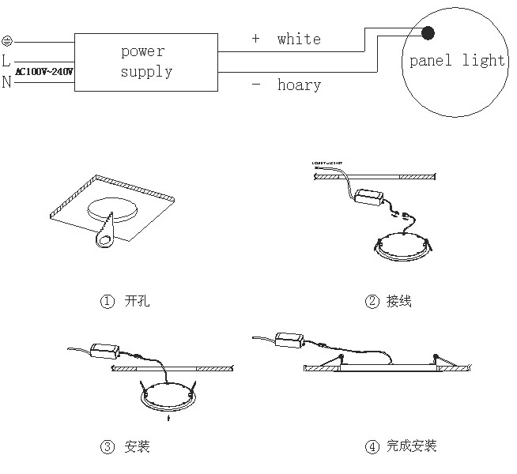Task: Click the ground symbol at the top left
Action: coord(7,39)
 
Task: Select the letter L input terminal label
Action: coord(7,60)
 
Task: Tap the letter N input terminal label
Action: coord(7,81)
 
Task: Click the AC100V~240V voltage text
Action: coord(45,71)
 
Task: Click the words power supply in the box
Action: coord(145,62)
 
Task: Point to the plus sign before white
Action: coord(255,38)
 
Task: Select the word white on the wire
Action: coord(299,39)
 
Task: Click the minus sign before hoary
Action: coord(255,84)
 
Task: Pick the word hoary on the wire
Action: coord(299,85)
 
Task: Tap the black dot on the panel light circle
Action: coord(428,32)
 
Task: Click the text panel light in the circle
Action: coord(456,61)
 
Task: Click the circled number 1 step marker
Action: coord(107,301)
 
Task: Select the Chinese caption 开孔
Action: coord(137,301)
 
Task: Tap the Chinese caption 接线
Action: coord(399,301)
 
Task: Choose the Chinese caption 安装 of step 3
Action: coord(137,447)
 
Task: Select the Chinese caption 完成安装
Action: coord(411,447)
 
